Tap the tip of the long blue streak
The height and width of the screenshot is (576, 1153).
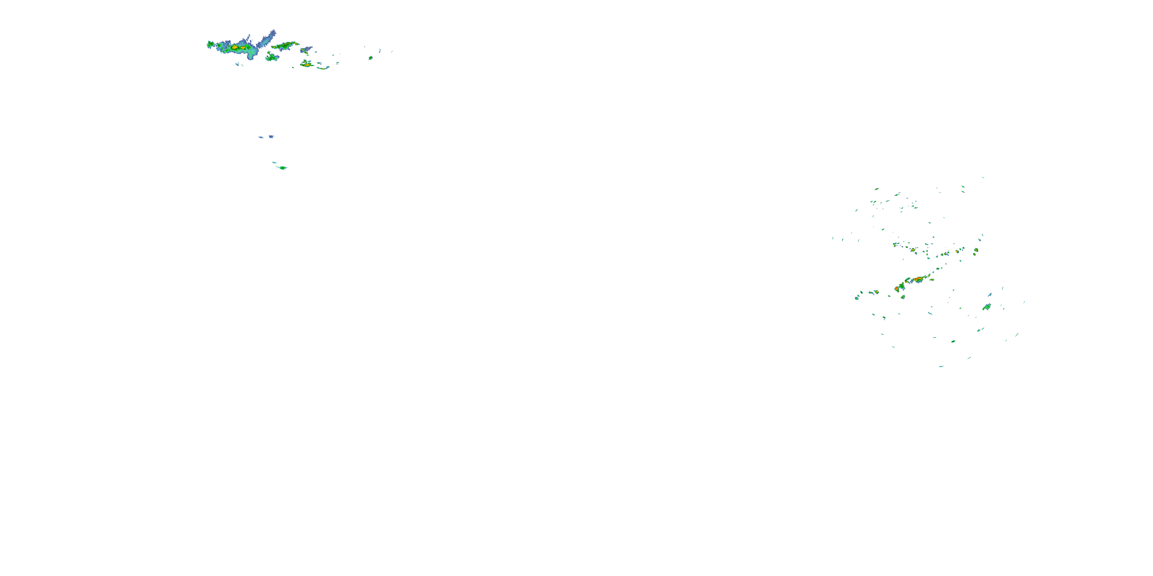click(x=274, y=31)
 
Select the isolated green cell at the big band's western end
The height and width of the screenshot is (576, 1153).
click(x=210, y=44)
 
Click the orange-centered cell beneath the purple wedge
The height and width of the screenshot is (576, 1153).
click(x=307, y=65)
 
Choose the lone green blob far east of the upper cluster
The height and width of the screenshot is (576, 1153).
click(x=370, y=58)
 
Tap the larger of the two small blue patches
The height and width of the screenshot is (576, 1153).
click(x=271, y=136)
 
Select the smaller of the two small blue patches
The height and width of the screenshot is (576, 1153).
click(x=261, y=137)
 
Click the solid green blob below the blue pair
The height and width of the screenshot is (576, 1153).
click(x=282, y=168)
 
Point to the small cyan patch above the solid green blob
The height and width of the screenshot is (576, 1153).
click(x=274, y=162)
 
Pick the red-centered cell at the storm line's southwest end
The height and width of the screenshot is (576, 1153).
click(x=897, y=289)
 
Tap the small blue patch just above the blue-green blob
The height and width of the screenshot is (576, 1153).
click(x=990, y=295)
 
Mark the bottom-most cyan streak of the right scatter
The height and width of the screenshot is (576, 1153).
click(x=941, y=366)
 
